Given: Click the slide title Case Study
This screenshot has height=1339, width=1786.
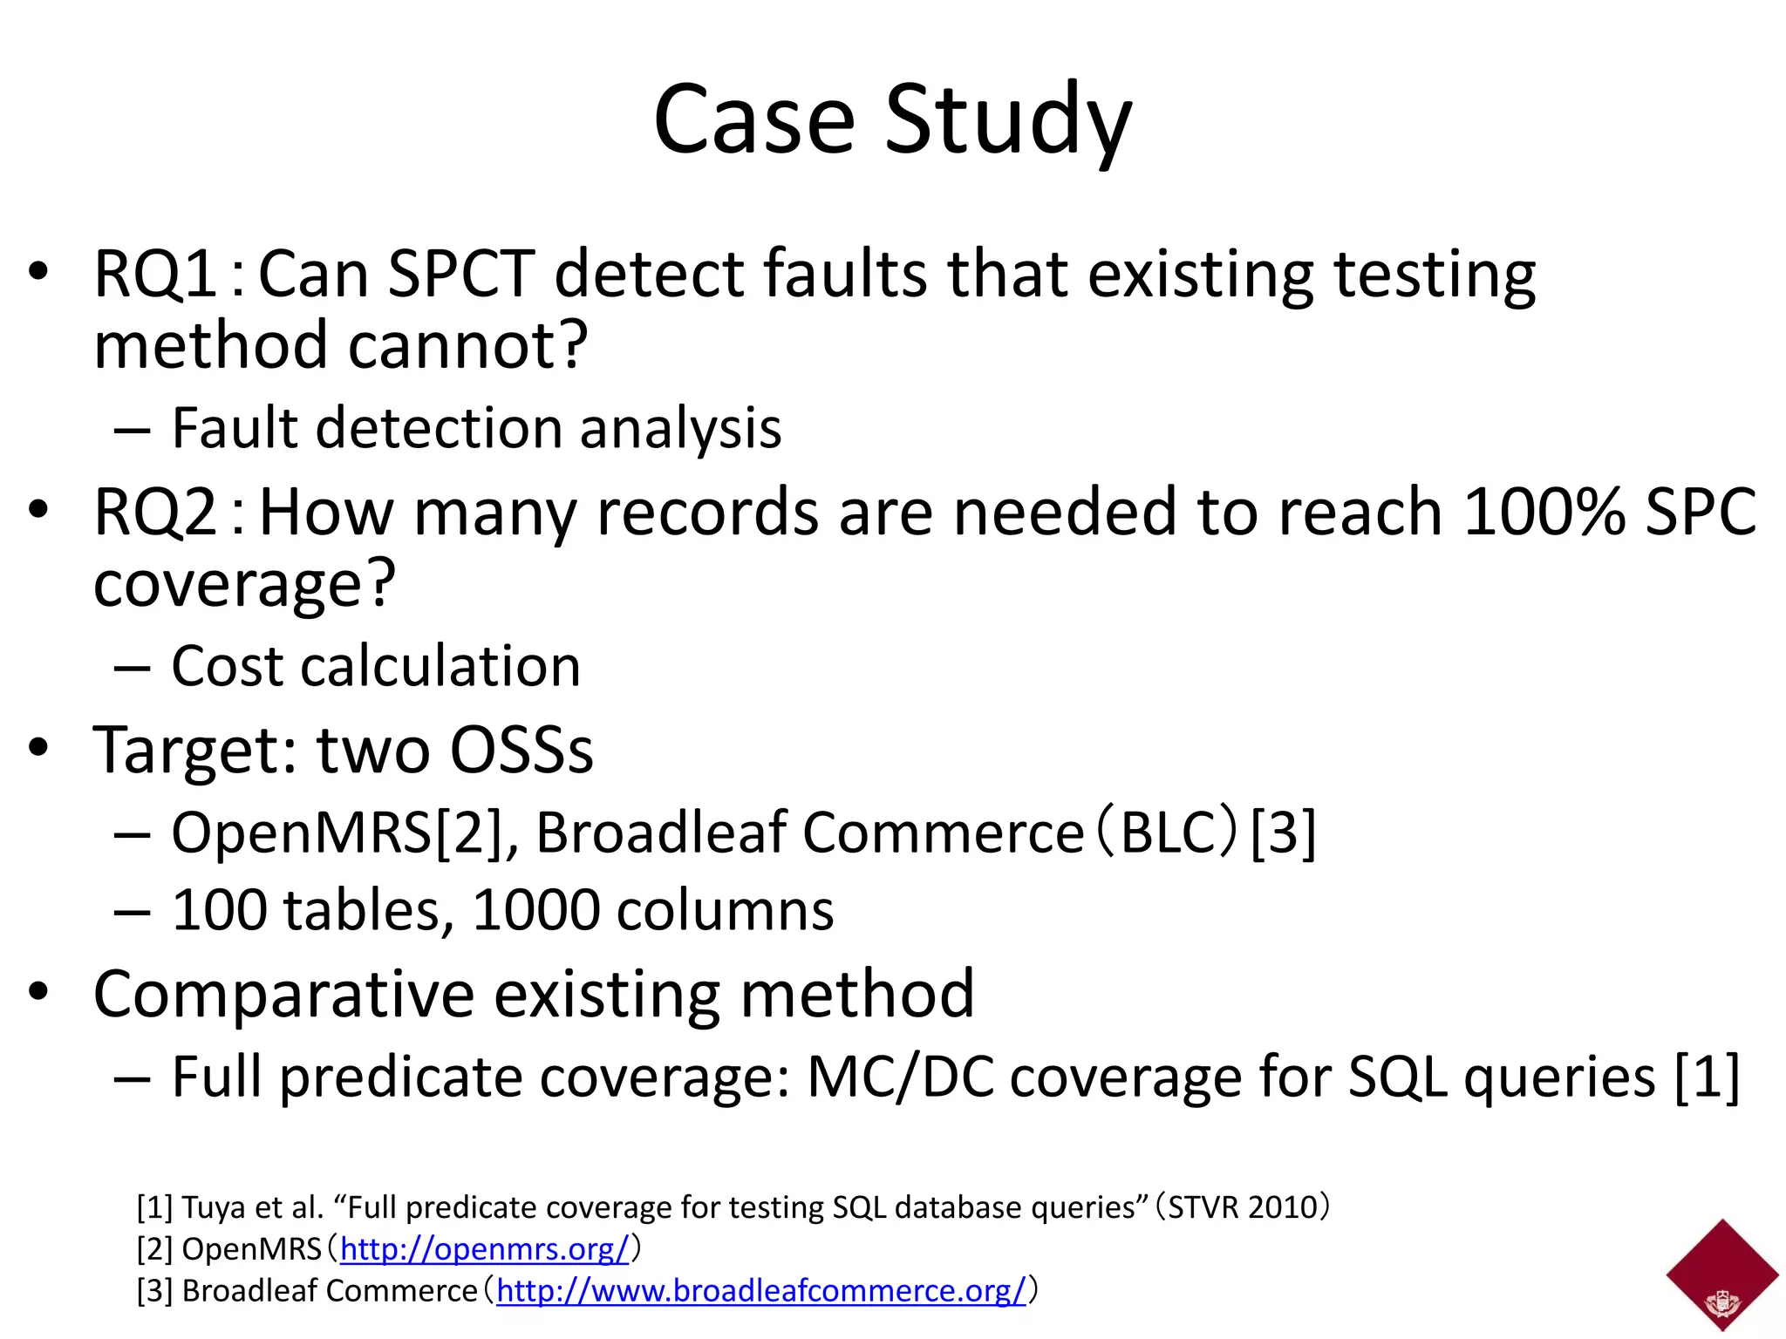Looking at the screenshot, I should (892, 119).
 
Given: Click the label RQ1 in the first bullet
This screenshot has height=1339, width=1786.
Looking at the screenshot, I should (155, 275).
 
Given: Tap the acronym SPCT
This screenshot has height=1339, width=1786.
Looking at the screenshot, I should (460, 275).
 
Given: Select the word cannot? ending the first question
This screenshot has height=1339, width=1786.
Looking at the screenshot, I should (468, 345).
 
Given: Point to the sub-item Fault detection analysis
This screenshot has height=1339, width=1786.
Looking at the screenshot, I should (476, 428).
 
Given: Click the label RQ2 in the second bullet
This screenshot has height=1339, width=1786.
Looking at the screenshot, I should (155, 513).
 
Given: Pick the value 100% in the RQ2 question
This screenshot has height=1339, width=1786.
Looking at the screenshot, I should (1544, 513).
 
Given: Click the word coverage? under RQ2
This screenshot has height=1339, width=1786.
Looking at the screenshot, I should (244, 584).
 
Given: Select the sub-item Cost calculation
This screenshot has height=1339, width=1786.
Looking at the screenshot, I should (375, 667).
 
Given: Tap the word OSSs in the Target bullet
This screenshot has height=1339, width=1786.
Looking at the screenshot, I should (521, 750).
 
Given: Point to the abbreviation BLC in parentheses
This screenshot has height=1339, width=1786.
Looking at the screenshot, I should (1167, 833).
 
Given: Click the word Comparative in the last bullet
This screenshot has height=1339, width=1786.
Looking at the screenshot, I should (283, 994).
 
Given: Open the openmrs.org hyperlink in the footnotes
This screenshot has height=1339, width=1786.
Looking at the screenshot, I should (484, 1249).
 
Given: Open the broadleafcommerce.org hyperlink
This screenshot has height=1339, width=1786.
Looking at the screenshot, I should (760, 1291).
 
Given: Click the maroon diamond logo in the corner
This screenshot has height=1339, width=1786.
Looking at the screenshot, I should (1721, 1274).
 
